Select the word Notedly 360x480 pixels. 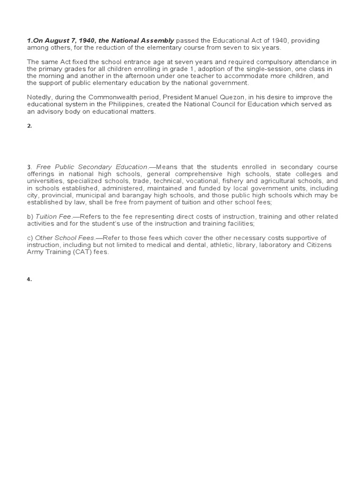click(x=39, y=97)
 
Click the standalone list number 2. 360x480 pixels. click(x=29, y=126)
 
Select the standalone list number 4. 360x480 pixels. click(x=29, y=279)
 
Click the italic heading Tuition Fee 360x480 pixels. click(x=53, y=217)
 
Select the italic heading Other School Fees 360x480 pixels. click(x=65, y=238)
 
